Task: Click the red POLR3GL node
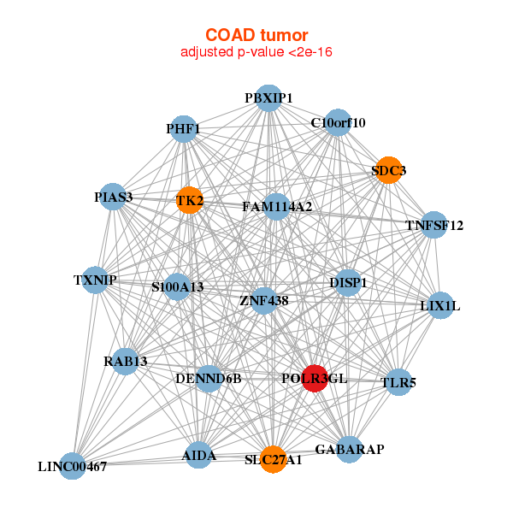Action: click(315, 378)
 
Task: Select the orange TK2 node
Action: click(190, 200)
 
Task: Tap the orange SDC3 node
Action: click(389, 170)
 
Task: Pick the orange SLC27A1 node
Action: click(274, 459)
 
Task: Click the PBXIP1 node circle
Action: click(268, 98)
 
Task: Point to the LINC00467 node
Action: click(73, 466)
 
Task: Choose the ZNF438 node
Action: click(264, 301)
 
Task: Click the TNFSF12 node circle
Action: click(433, 225)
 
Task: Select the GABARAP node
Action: click(350, 450)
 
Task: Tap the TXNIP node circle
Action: click(95, 280)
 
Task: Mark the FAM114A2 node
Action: click(277, 207)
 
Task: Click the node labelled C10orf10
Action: click(338, 122)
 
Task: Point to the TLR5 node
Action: click(398, 382)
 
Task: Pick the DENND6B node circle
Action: click(209, 379)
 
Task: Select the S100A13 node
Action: click(177, 287)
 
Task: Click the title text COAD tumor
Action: click(256, 35)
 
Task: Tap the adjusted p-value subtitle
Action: click(256, 52)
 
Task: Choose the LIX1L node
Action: click(440, 305)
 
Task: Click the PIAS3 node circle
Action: click(113, 197)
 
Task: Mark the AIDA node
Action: click(199, 455)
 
